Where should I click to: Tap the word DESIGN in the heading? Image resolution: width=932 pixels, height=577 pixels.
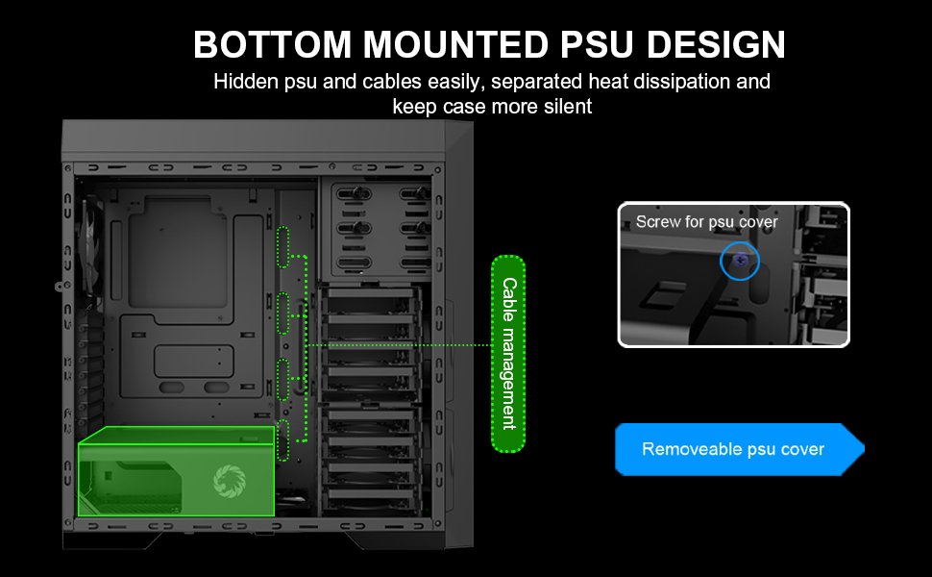(714, 45)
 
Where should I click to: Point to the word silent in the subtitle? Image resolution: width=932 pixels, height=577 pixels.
(565, 106)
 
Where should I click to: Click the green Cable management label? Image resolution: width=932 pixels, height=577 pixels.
(508, 353)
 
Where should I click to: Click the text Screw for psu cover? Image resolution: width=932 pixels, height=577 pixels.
(706, 222)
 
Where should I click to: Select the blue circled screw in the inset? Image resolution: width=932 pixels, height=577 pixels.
(739, 261)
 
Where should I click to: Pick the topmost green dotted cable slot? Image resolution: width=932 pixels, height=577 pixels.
(283, 246)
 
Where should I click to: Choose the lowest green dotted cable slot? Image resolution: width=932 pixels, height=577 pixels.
(283, 439)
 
